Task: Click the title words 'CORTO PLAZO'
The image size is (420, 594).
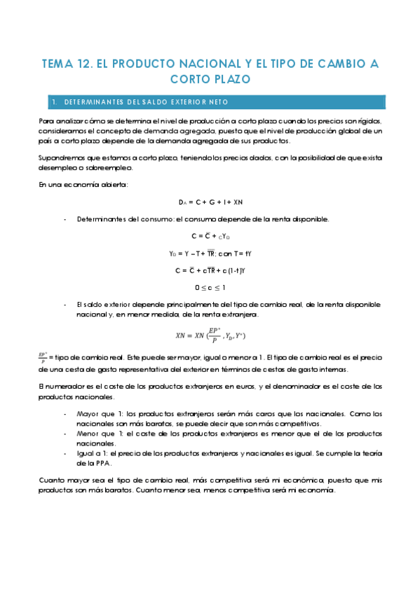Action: tap(210, 80)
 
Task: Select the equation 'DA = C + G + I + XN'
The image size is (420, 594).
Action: tap(210, 202)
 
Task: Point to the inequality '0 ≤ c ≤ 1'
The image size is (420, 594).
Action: tap(210, 287)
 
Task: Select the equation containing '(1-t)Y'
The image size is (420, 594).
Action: tap(210, 270)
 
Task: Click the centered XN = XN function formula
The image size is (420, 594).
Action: tap(210, 335)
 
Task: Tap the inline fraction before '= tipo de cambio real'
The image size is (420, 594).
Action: tap(43, 357)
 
